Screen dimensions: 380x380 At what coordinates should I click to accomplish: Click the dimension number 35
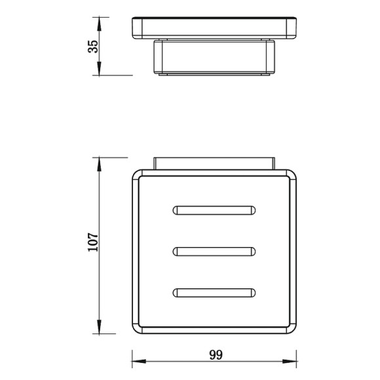(93, 46)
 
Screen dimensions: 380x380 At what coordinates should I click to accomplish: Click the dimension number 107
(93, 244)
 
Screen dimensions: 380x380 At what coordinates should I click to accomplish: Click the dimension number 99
(216, 355)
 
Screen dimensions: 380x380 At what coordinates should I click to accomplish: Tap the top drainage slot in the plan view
(214, 210)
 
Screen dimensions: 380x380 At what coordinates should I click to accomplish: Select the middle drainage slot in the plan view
(214, 250)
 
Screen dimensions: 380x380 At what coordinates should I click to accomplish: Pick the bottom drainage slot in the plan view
(214, 292)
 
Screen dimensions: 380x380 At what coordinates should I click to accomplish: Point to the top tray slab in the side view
(214, 28)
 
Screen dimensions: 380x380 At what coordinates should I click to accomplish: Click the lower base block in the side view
(214, 58)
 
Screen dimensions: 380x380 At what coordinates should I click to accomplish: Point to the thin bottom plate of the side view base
(214, 75)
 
